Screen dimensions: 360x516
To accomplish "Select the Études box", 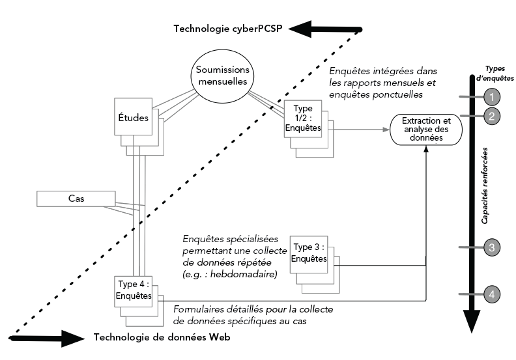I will point(132,118).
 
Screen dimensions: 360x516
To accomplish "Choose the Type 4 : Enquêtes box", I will point(133,291).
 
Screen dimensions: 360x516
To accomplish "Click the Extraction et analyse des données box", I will point(425,130).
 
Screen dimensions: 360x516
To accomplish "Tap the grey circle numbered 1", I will point(493,98).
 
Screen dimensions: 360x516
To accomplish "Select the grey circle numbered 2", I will point(493,117).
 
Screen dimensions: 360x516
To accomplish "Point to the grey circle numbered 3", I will point(493,247).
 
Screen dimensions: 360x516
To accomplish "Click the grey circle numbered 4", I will point(493,294).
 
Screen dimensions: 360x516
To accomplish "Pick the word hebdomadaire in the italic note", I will point(244,276).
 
